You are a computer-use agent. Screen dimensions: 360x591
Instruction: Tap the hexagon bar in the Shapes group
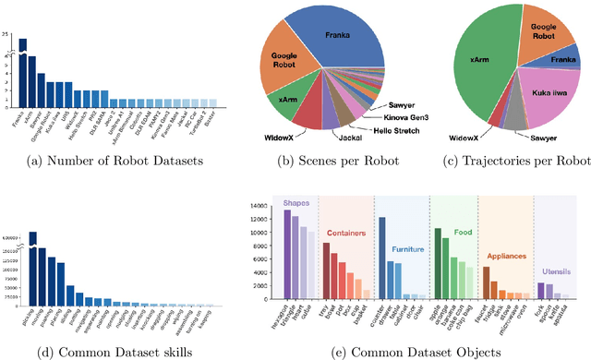(x=287, y=254)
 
